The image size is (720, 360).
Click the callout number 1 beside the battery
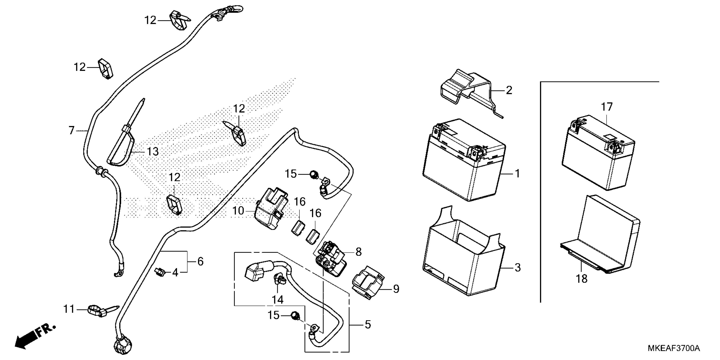click(517, 174)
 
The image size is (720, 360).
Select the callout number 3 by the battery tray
click(518, 267)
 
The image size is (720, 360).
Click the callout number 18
click(582, 279)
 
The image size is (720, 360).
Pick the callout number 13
click(153, 152)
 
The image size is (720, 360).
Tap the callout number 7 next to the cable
click(72, 130)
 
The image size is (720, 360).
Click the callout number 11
click(69, 309)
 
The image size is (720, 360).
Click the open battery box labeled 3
click(464, 252)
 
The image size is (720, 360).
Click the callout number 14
click(278, 299)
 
